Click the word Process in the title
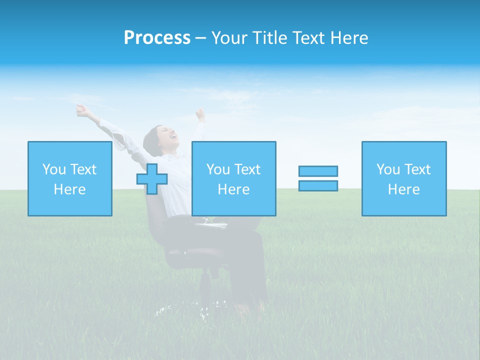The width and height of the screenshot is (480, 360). [157, 38]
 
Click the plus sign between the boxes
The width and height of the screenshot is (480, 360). [152, 178]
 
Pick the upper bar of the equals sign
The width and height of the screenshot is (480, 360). [318, 171]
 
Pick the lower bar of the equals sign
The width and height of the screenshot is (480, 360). [318, 185]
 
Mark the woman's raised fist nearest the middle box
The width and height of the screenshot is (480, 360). [200, 114]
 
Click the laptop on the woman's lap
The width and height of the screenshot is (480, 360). [212, 224]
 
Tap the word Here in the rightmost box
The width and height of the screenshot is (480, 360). [404, 189]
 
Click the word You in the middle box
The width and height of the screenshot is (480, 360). [218, 169]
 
